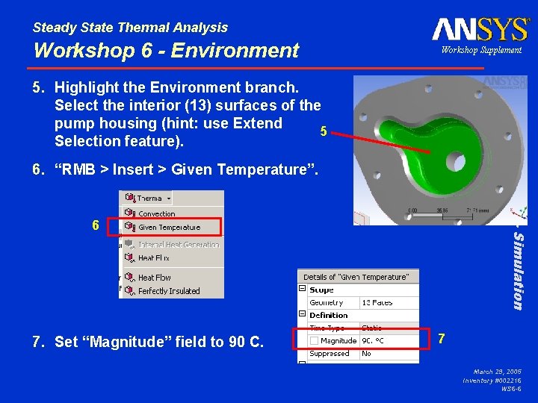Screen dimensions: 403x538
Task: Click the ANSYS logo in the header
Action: (x=480, y=29)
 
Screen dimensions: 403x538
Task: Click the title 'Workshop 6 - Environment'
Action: (x=166, y=51)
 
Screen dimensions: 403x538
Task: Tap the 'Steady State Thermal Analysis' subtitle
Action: (x=130, y=28)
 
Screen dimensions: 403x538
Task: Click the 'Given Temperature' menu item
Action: (x=169, y=227)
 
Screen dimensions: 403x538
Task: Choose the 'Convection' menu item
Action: (x=157, y=213)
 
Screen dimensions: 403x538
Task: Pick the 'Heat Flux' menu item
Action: (x=154, y=258)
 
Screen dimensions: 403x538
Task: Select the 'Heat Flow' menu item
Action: (x=155, y=278)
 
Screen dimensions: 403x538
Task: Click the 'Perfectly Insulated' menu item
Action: (x=169, y=291)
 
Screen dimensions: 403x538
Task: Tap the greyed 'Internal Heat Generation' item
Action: (x=179, y=244)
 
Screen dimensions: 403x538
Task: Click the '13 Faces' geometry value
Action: (x=377, y=303)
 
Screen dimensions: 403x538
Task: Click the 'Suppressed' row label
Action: (x=330, y=354)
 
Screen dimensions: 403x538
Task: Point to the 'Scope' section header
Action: (x=322, y=290)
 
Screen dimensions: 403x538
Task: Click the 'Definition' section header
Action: (x=329, y=315)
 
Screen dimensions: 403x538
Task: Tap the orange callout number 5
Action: (x=323, y=131)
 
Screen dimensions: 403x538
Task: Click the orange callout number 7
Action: (x=442, y=339)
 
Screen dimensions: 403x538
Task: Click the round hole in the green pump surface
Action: (x=456, y=162)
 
